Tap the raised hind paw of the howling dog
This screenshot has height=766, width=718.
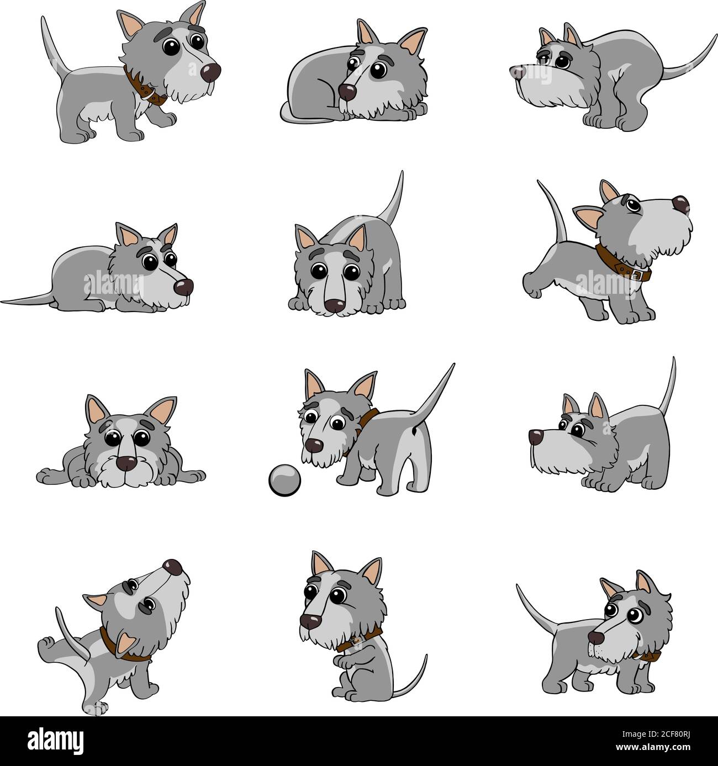point(46,643)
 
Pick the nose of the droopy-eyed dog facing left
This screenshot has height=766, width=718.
point(516,71)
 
